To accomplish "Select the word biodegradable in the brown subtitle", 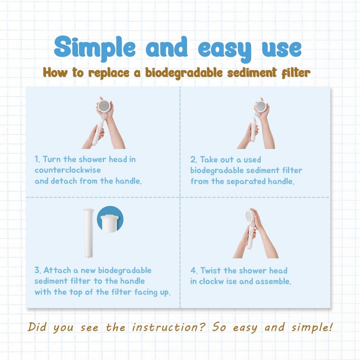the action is (184, 73).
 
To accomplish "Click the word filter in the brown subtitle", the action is (296, 72).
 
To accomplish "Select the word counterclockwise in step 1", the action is (68, 170).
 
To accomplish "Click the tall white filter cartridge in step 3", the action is (89, 233).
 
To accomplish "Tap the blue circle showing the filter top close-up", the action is (110, 219).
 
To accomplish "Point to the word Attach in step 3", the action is (57, 270).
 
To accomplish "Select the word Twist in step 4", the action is (211, 270).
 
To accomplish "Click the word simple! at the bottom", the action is (312, 327).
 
